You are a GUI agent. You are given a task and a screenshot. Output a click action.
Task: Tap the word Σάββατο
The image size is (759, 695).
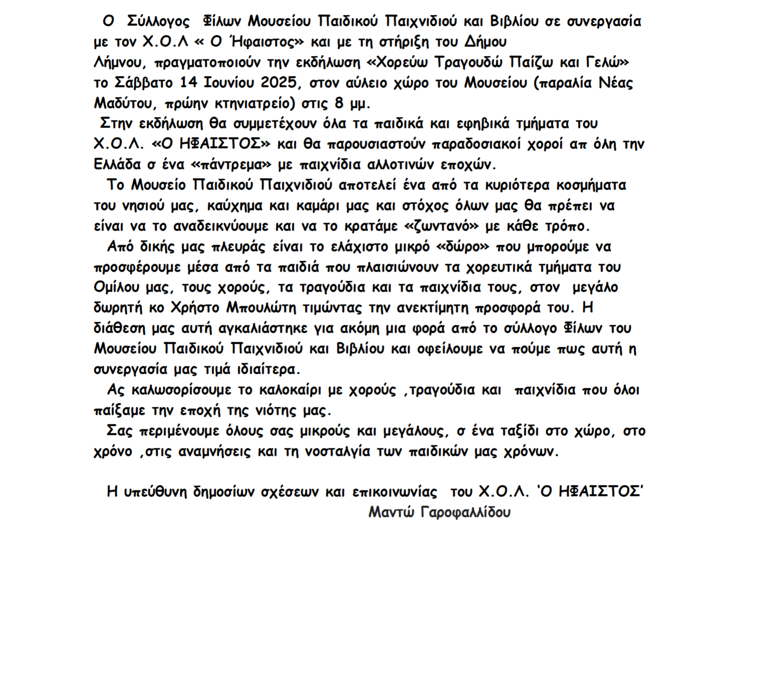click(144, 83)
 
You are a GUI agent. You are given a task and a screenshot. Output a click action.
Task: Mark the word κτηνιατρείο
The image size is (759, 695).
click(255, 104)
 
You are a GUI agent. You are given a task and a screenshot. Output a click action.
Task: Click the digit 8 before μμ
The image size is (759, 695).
click(339, 104)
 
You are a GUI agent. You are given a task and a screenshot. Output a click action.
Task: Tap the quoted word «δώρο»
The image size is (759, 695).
click(463, 247)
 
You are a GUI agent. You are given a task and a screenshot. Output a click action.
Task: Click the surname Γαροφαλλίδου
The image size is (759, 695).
click(466, 512)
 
